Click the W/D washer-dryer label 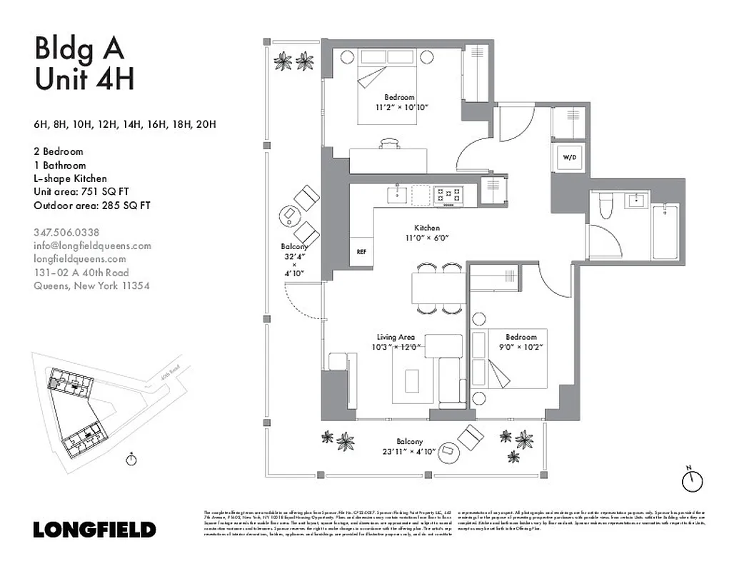[570, 157]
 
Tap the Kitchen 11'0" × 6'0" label [428, 233]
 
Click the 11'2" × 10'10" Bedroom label [399, 102]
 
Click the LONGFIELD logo [94, 530]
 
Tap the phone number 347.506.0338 [66, 232]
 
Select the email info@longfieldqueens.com [92, 246]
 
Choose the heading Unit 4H [84, 79]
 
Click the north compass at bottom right [691, 480]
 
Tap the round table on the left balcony [290, 213]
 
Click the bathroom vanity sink [635, 200]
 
